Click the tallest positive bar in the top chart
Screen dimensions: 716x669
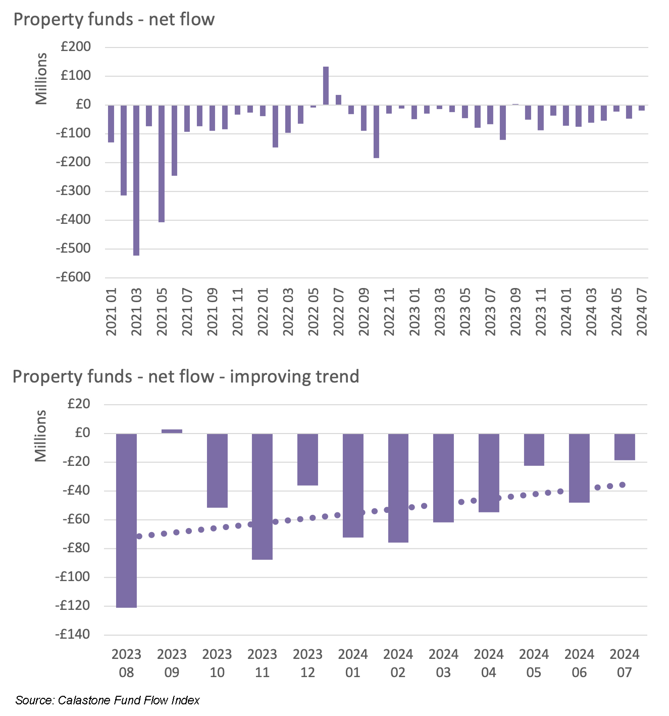coord(326,86)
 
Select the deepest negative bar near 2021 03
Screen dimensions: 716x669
coord(136,180)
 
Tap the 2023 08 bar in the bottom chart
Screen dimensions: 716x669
coord(126,520)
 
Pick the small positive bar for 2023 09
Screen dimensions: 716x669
coord(172,431)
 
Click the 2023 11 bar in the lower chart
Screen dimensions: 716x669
coord(262,496)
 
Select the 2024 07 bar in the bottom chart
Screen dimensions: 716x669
coord(625,447)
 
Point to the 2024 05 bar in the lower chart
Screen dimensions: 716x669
coord(534,450)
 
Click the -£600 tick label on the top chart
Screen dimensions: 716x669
coord(73,277)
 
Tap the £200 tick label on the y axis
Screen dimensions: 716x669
coord(76,47)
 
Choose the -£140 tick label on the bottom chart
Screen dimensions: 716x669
coord(73,635)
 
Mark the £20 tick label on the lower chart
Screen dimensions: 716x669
coord(76,404)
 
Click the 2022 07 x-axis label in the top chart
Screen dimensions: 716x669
coord(339,312)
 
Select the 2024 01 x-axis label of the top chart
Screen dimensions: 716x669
coord(566,312)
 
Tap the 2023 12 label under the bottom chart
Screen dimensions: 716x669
coord(307,663)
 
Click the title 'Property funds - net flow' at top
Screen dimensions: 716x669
coord(114,20)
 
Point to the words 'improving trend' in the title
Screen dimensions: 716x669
coord(294,377)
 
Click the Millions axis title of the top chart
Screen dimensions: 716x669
coord(41,78)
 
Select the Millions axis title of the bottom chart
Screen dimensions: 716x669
coord(40,436)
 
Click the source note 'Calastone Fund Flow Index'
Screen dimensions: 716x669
coord(129,700)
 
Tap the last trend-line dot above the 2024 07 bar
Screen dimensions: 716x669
coord(622,485)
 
